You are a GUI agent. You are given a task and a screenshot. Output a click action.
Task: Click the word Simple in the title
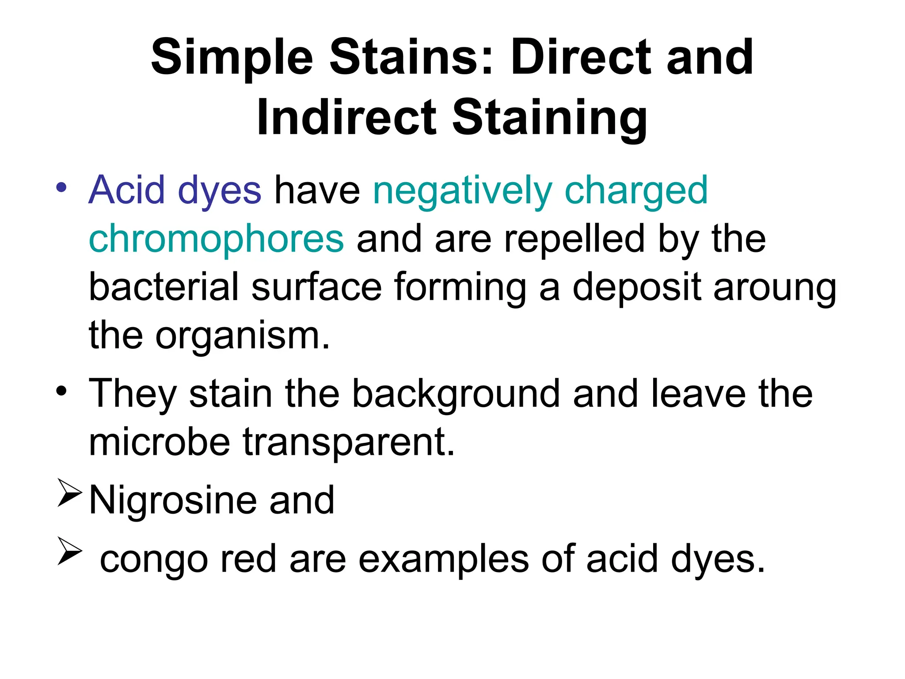click(x=232, y=59)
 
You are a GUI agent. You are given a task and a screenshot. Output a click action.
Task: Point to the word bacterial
click(x=164, y=287)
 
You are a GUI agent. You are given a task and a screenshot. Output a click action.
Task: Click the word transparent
click(x=349, y=443)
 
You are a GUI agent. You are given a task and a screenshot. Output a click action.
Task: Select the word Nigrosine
click(x=173, y=501)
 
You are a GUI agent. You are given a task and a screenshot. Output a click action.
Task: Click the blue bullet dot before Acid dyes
click(x=61, y=187)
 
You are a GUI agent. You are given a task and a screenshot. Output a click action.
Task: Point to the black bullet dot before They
click(x=61, y=391)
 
